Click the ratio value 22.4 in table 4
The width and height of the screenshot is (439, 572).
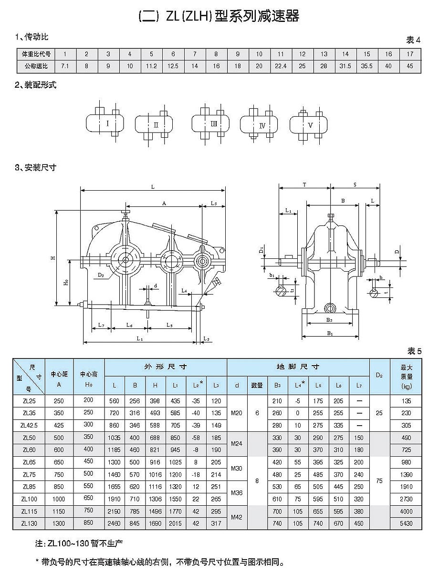click(x=281, y=66)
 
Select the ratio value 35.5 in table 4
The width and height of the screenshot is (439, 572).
click(x=366, y=66)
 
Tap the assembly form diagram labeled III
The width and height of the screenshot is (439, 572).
click(x=214, y=124)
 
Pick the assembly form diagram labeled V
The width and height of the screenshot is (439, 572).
click(x=311, y=125)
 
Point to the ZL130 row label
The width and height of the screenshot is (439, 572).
click(x=29, y=523)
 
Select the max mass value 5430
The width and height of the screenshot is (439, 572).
click(x=406, y=523)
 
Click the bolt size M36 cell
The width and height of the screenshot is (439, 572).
click(x=237, y=492)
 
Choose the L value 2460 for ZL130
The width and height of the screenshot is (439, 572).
click(x=115, y=523)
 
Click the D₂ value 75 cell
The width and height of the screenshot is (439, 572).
click(x=379, y=481)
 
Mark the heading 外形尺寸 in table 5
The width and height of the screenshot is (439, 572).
click(x=165, y=367)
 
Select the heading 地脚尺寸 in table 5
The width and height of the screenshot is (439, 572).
click(x=298, y=367)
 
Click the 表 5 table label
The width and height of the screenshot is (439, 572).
click(x=414, y=351)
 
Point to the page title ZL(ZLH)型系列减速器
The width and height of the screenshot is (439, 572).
click(x=219, y=17)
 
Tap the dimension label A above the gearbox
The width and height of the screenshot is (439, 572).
click(x=164, y=203)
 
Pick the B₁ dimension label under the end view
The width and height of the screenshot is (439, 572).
click(x=330, y=334)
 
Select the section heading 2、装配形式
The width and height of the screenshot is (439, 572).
click(x=36, y=86)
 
